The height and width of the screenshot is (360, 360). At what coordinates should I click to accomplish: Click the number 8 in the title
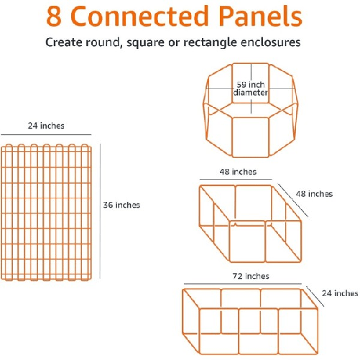click(x=54, y=16)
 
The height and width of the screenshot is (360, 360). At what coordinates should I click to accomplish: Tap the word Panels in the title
click(x=260, y=16)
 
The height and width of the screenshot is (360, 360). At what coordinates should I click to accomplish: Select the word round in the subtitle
click(x=102, y=42)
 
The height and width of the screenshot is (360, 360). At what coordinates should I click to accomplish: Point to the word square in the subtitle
click(x=145, y=43)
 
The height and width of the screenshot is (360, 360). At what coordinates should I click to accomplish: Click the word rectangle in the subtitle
click(x=210, y=43)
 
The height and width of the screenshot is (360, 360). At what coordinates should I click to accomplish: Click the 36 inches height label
click(x=121, y=205)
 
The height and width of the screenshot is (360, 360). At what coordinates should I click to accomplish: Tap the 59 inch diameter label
click(x=251, y=88)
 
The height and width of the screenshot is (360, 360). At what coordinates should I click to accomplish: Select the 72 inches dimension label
click(x=251, y=276)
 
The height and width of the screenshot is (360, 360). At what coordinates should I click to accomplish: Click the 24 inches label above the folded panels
click(x=46, y=126)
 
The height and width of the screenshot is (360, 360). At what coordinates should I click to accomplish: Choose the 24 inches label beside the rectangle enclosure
click(x=340, y=293)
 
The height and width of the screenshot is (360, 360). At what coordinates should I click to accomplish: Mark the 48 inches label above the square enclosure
click(x=238, y=172)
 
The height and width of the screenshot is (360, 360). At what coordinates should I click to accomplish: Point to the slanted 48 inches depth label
click(x=314, y=194)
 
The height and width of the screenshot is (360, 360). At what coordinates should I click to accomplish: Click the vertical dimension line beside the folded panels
click(x=100, y=211)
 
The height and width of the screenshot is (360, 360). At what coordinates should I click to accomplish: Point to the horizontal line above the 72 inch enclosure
click(x=243, y=284)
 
